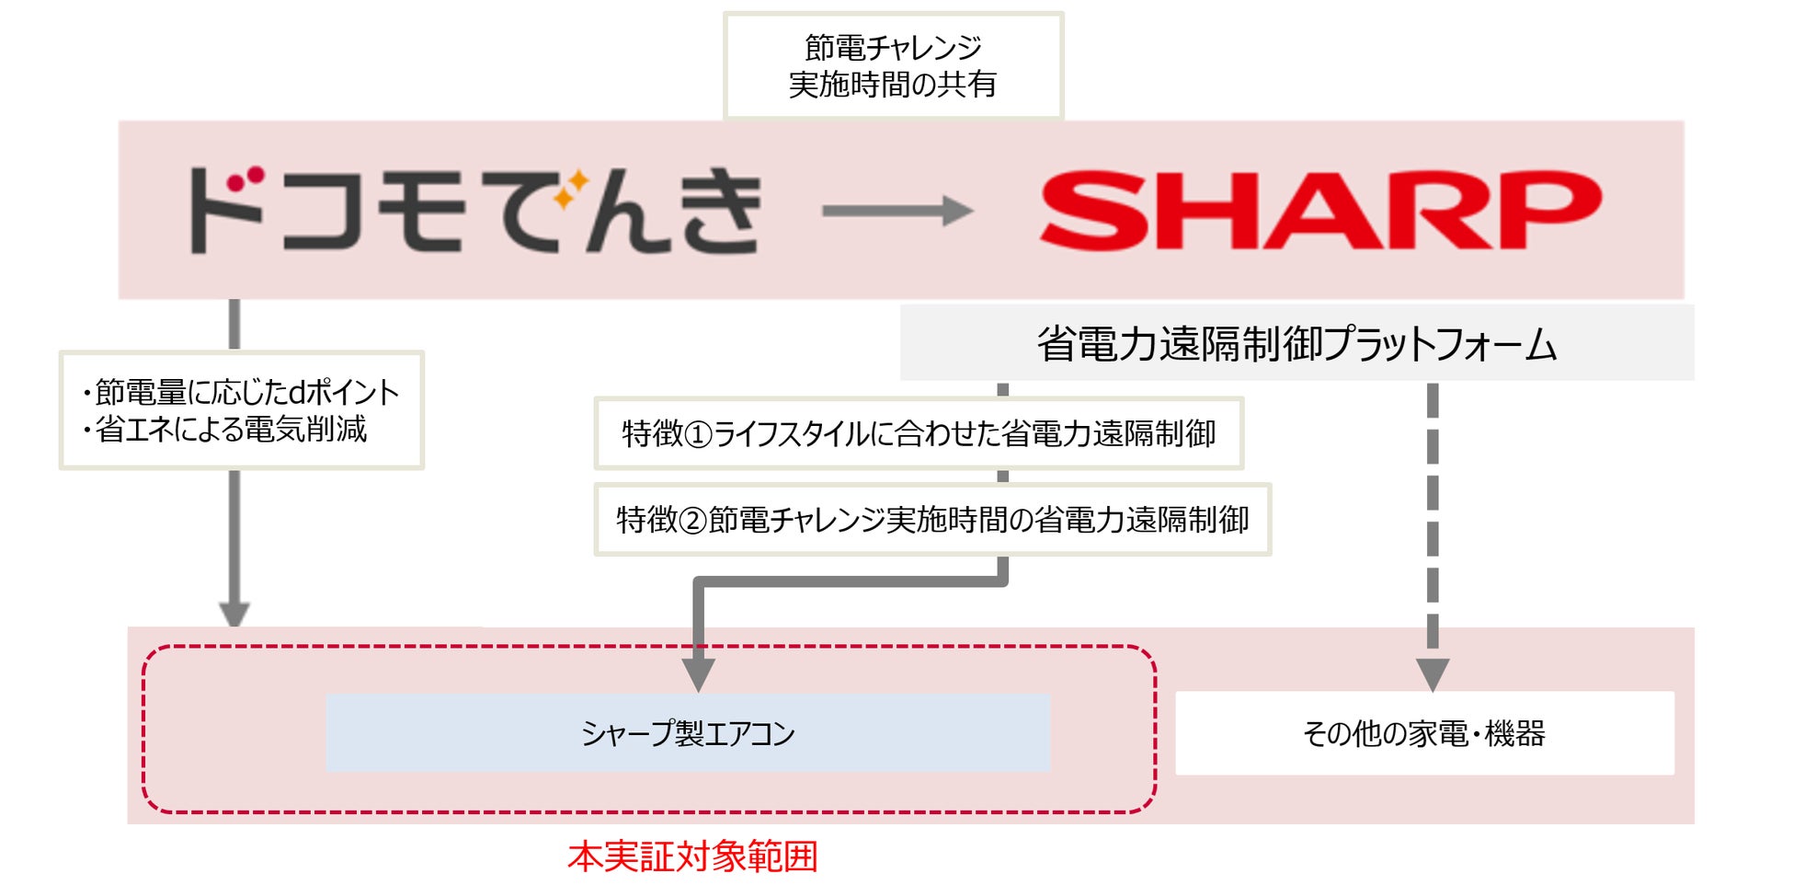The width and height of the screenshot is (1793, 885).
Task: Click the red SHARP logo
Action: tap(1320, 210)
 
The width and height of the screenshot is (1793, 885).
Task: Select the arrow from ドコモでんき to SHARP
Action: tap(896, 211)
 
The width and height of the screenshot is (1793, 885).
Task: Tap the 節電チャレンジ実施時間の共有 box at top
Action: tap(893, 65)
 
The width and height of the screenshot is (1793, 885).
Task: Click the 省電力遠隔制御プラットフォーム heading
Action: tap(1296, 343)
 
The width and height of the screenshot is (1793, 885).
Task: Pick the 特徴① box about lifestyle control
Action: tap(919, 433)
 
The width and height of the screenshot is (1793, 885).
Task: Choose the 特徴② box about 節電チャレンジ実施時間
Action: tap(932, 520)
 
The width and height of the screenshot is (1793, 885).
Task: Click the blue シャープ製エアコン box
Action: tap(688, 733)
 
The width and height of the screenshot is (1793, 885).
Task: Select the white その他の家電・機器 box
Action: tap(1424, 733)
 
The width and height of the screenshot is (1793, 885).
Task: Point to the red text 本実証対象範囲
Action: tap(692, 856)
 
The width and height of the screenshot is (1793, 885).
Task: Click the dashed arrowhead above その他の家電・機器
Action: tap(1432, 674)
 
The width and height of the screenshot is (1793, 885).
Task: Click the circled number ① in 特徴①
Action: tap(699, 434)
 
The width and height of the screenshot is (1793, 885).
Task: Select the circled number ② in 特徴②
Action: tap(693, 521)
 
